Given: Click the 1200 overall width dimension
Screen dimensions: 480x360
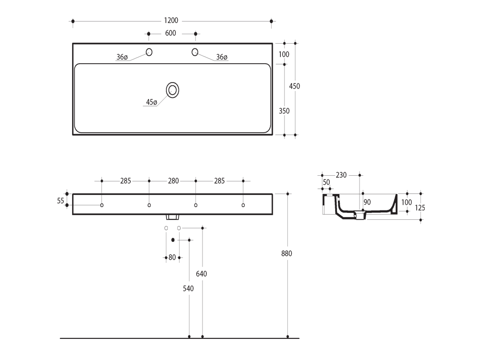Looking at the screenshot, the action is click(x=171, y=21).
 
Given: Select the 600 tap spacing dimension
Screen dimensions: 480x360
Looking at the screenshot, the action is click(x=171, y=33).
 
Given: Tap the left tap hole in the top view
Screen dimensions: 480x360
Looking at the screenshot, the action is click(x=149, y=52).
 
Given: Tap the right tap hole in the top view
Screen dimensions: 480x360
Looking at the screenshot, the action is click(x=195, y=52).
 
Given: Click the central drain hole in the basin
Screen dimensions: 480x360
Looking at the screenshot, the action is click(x=172, y=90).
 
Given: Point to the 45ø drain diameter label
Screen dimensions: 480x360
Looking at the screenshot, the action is click(x=151, y=102).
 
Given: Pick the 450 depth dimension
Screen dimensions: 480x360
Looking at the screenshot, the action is click(x=294, y=86).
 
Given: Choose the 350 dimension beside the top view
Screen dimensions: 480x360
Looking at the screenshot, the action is click(x=284, y=111).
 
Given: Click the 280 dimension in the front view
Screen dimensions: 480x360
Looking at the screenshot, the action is click(x=173, y=181).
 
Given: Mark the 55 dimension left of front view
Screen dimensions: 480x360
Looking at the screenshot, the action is click(x=60, y=201).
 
